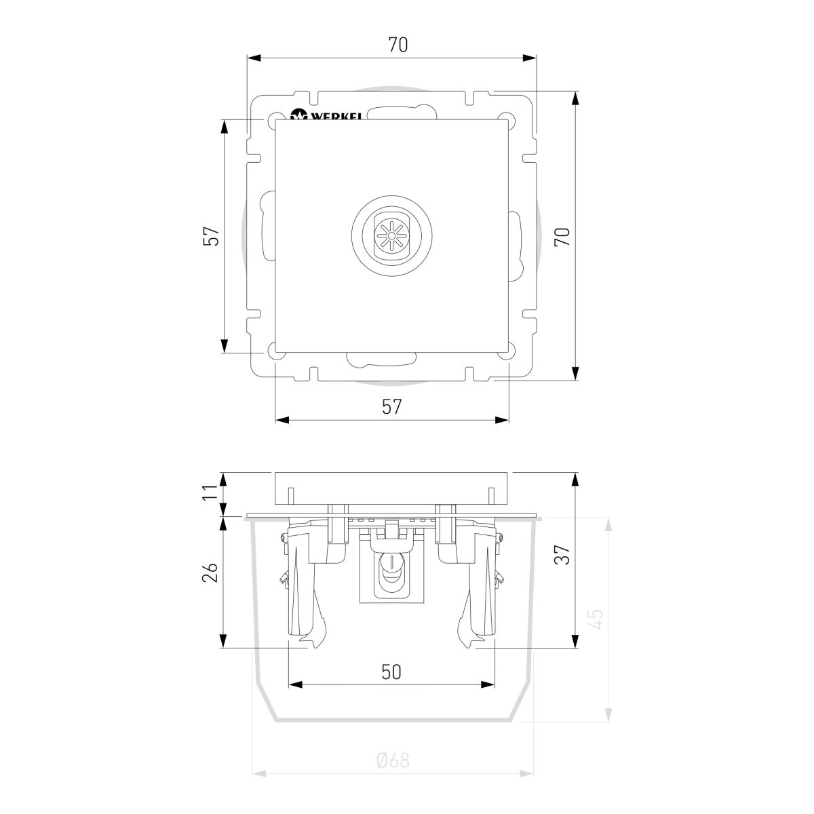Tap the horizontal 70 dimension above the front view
[398, 45]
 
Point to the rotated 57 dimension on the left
[212, 235]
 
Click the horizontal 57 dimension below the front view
[391, 406]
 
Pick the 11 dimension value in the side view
[212, 492]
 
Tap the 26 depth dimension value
[212, 574]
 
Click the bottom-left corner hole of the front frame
[277, 351]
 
